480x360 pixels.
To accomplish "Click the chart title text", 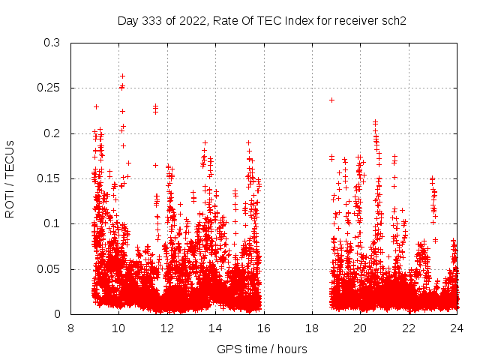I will point(262,20).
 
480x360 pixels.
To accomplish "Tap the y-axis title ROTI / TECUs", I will point(10,178).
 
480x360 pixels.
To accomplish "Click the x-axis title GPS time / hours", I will point(262,349).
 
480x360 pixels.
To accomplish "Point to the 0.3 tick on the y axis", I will point(53,43).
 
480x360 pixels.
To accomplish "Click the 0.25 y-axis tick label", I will point(50,88).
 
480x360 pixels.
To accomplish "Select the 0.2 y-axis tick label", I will point(53,133).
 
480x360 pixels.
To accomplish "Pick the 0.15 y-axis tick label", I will point(50,178).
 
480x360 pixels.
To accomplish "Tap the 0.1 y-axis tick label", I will point(53,223).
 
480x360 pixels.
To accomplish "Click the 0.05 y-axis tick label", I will point(50,269).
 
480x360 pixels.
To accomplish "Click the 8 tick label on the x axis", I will point(70,328).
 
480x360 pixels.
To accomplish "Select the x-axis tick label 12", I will point(167,328).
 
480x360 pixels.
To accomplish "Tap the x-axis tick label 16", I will point(264,328).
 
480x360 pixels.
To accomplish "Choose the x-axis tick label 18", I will point(312,328).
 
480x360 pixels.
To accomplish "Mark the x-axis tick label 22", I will point(409,328).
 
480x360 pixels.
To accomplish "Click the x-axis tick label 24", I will point(457,328).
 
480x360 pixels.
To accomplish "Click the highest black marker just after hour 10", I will point(122,76).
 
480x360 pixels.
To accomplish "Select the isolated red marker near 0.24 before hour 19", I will point(331,100).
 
